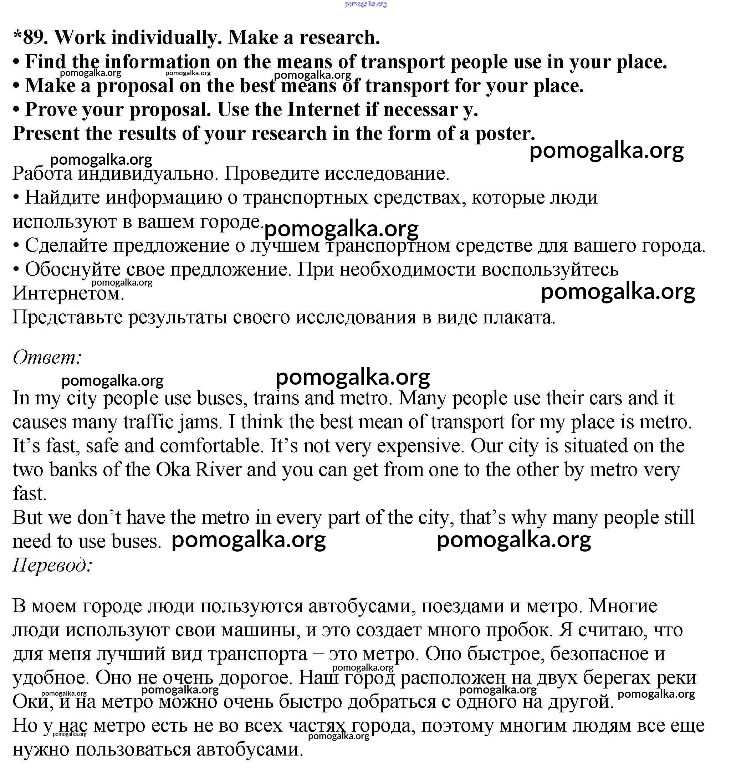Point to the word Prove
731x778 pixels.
point(51,109)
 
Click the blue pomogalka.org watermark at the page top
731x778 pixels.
point(366,4)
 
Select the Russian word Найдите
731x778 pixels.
point(63,198)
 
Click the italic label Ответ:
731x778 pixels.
point(47,357)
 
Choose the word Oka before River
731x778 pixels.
point(173,470)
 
